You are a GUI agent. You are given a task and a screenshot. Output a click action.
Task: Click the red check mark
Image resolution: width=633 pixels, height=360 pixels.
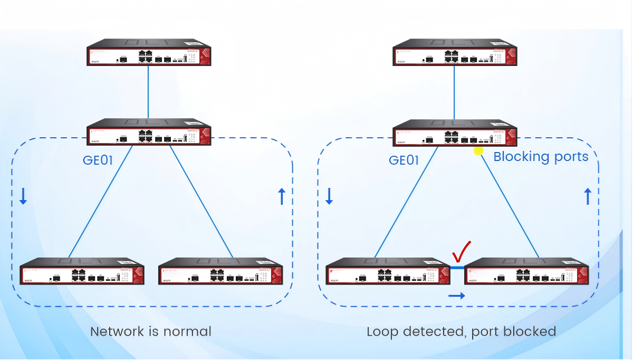[461, 253]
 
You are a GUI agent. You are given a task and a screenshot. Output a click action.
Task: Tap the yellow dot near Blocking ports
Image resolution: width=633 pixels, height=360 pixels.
[478, 151]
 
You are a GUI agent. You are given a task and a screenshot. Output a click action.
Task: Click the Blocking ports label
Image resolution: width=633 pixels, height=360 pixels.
[541, 157]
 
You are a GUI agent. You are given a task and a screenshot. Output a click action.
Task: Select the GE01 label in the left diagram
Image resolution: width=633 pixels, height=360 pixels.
[98, 160]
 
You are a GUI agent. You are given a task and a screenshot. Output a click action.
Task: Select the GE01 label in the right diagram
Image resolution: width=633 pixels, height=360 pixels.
[404, 160]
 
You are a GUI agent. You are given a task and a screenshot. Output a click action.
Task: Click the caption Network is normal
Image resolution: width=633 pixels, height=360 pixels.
[151, 331]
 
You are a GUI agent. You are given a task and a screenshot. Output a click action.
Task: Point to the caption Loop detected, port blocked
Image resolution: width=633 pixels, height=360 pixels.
[462, 331]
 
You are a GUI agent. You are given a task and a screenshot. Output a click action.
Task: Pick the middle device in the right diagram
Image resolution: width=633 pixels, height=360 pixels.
[455, 132]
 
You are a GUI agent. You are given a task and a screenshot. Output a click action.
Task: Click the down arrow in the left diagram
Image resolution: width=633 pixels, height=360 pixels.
[23, 196]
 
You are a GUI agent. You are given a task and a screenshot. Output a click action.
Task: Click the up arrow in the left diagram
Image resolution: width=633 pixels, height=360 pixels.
[281, 196]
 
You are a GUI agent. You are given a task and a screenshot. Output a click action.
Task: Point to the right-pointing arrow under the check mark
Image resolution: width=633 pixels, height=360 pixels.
[457, 296]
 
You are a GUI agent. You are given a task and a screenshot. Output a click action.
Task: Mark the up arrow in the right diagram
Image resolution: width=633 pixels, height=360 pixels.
[588, 196]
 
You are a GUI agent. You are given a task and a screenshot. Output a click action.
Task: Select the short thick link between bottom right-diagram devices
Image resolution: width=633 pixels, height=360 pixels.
[457, 268]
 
